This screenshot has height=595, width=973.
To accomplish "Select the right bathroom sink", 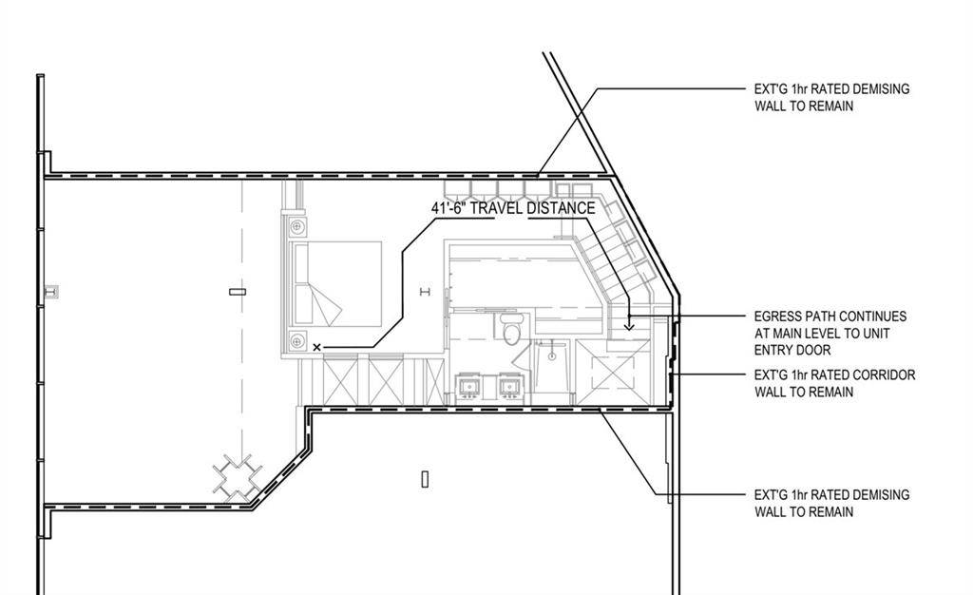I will coord(509,387).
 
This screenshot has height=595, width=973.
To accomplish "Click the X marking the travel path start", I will coord(317,348).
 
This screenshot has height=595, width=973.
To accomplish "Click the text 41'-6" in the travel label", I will coord(451,208).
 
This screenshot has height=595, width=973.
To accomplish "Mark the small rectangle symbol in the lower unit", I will coord(425,479).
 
